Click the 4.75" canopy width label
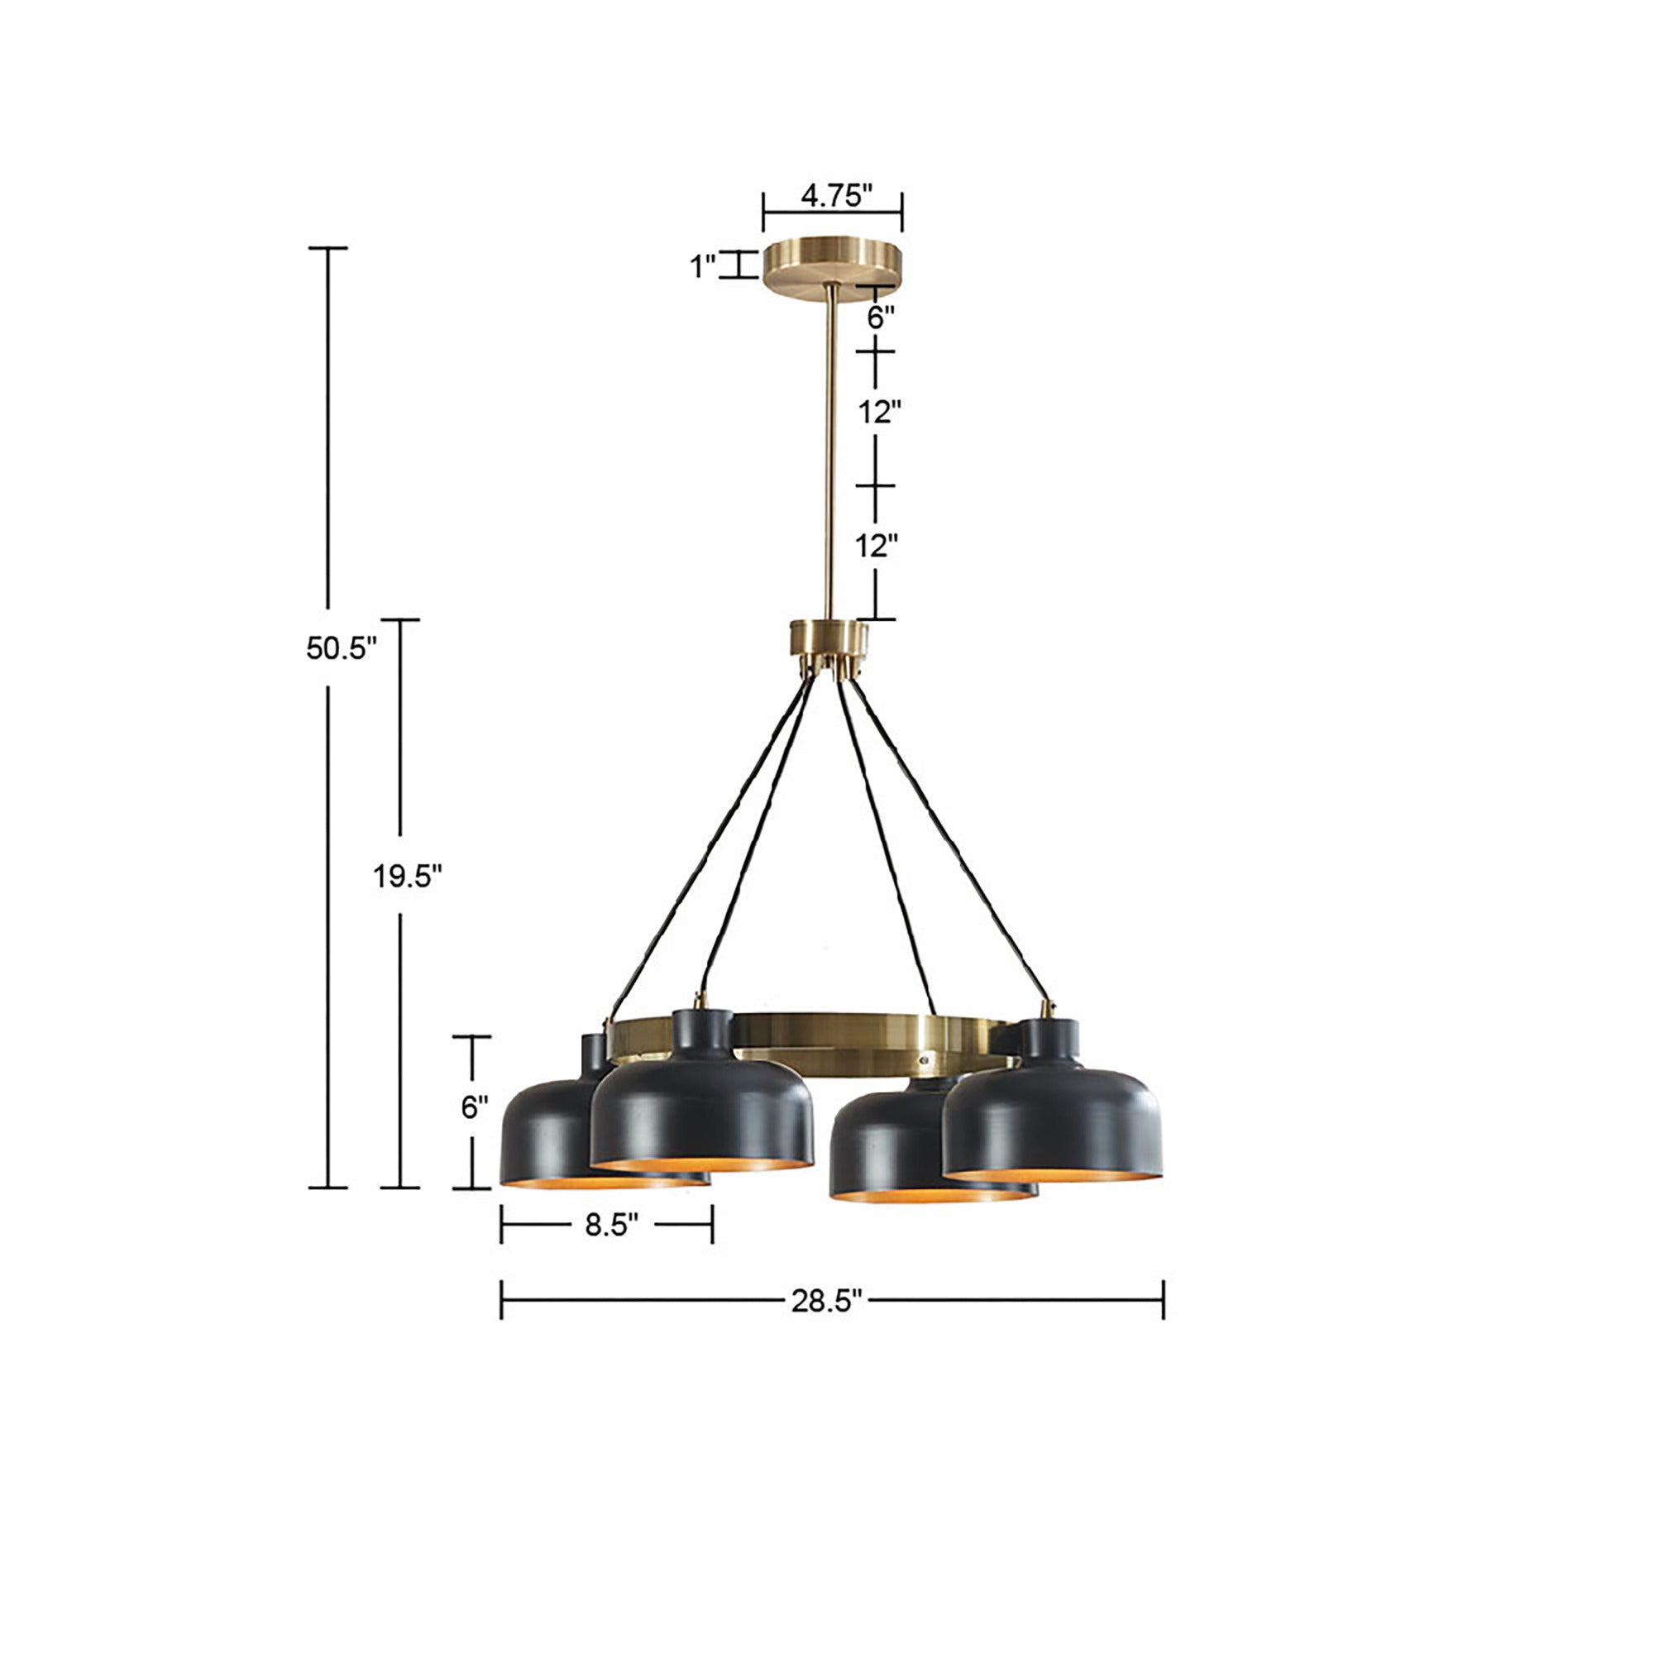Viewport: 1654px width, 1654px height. tap(834, 196)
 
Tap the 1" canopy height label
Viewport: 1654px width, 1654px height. tap(703, 266)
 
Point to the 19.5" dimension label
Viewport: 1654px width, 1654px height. tap(407, 877)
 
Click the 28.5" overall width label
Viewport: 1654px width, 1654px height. tap(825, 1303)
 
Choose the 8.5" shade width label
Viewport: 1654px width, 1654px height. tap(611, 1225)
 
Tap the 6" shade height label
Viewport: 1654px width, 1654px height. tap(474, 1107)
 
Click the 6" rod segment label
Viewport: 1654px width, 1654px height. tap(880, 318)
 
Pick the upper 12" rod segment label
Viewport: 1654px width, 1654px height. tap(880, 412)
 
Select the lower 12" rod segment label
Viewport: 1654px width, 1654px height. tap(877, 544)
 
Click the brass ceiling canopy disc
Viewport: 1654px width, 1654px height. tap(832, 267)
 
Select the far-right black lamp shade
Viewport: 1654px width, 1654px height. tap(1053, 1121)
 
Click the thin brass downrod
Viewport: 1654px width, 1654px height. tap(829, 454)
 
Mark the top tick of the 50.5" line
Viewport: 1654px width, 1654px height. tap(327, 248)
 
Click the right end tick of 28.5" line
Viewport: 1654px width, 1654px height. tap(1163, 1299)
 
